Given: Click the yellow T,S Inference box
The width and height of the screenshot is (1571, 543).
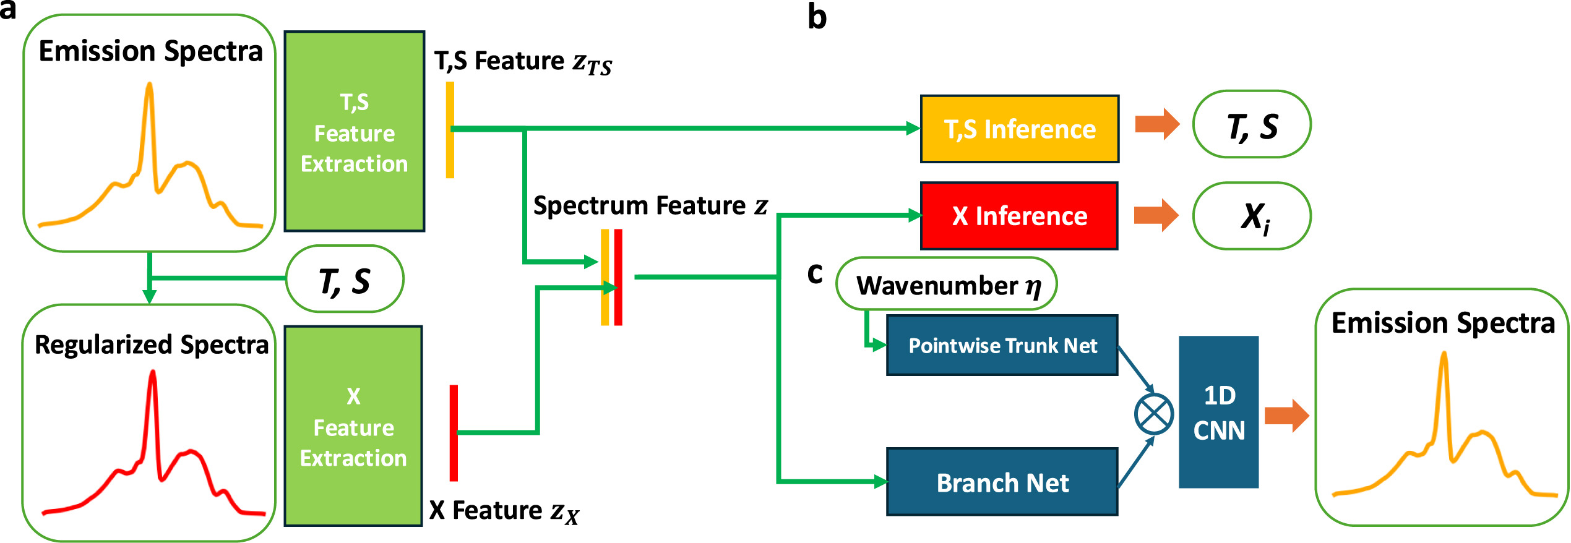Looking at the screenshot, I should tap(1020, 129).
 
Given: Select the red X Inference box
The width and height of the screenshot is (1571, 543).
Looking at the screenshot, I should tap(1019, 216).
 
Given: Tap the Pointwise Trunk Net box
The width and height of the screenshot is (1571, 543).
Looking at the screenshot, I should tap(1002, 345).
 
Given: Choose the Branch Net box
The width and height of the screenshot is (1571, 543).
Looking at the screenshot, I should tap(1002, 482).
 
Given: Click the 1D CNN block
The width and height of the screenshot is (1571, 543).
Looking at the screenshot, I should tap(1218, 413).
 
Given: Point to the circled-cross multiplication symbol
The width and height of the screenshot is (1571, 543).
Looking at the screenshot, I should tap(1154, 414).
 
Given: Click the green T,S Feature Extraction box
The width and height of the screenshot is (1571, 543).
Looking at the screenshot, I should tap(355, 132).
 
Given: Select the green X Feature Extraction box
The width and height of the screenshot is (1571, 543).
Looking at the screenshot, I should tap(353, 426).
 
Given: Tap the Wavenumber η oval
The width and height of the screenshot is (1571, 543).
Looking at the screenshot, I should tap(947, 284).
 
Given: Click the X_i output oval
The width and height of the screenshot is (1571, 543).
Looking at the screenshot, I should tap(1252, 216).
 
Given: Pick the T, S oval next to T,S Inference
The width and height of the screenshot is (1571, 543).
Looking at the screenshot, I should tap(1252, 125).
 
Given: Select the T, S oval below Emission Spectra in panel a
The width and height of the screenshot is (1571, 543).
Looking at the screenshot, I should tap(345, 280).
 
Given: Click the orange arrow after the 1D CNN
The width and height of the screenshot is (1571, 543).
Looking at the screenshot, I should tap(1286, 415).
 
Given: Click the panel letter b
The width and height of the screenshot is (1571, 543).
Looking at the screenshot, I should tap(817, 17).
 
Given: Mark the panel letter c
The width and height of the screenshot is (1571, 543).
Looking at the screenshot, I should tap(815, 273).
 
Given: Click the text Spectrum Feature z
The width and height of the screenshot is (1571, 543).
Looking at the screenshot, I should tap(650, 205).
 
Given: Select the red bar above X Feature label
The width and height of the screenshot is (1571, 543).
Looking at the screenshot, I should tap(454, 433).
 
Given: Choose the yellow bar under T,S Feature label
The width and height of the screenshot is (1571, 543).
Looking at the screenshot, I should tap(450, 130).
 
